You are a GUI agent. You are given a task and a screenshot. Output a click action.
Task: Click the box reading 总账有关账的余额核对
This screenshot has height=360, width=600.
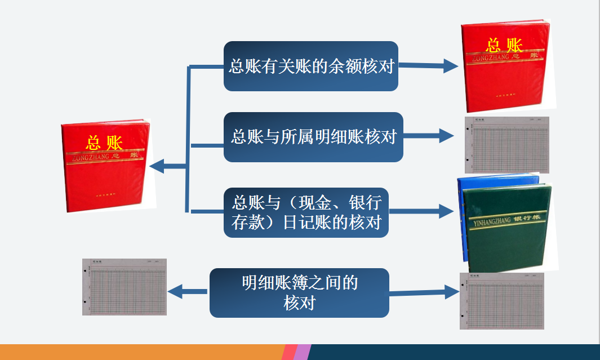[311, 66]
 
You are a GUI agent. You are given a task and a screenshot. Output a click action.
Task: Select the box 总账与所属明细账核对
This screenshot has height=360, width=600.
[313, 137]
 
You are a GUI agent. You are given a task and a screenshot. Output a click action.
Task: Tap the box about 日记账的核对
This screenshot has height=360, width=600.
[306, 212]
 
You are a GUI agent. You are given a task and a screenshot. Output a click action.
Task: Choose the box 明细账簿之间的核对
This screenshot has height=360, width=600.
[299, 293]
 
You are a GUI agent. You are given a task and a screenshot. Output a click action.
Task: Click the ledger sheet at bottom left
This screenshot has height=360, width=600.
[125, 287]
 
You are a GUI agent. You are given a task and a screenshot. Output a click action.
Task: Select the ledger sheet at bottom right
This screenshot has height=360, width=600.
[501, 301]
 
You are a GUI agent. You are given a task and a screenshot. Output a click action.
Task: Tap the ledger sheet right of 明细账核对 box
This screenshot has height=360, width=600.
[506, 145]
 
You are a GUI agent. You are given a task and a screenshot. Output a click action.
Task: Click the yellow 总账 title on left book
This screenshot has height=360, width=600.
[104, 142]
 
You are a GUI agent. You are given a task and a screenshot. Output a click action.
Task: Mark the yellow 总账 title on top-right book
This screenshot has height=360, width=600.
[504, 45]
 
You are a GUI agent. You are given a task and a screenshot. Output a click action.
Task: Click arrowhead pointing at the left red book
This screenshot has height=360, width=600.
[157, 166]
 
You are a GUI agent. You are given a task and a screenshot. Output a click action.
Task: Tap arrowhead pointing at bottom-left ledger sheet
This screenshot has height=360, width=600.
[175, 291]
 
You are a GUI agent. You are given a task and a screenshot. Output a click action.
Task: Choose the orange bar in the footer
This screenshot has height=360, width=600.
[141, 352]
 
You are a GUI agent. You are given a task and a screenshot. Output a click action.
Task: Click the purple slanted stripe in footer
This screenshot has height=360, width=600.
[301, 352]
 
